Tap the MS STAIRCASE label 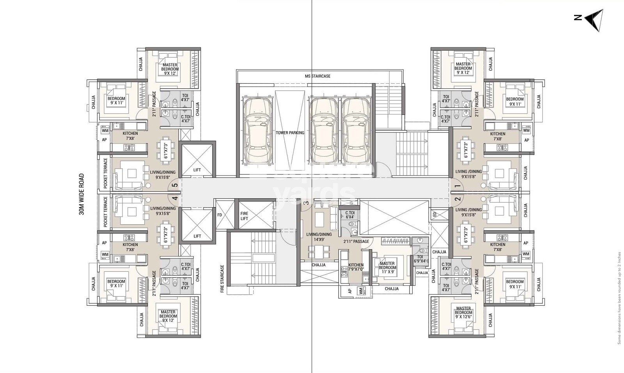(x=317, y=76)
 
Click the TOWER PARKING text (x=290, y=133)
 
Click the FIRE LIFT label (x=244, y=216)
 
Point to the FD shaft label (x=220, y=215)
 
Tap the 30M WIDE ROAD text (x=82, y=194)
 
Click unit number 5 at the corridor (x=175, y=186)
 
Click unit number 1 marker (x=457, y=186)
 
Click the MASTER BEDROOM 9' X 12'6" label (x=463, y=313)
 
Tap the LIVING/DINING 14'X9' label (x=319, y=237)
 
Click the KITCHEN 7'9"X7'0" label (x=356, y=267)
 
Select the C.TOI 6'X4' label (x=350, y=215)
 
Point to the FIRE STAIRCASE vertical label (x=222, y=279)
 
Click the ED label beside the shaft (x=434, y=215)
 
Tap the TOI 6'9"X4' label (x=420, y=259)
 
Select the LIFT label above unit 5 (x=197, y=170)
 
